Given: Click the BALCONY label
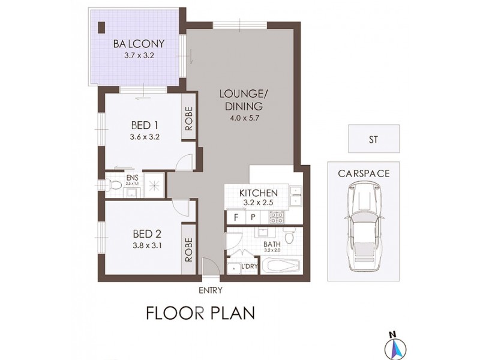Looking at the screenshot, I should point(134,44).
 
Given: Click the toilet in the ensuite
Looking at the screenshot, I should point(116,186).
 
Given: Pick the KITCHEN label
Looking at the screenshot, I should point(258,193).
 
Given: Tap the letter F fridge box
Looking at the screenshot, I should point(236,217).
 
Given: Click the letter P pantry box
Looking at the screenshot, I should point(253,217).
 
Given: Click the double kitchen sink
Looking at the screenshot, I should point(295,199).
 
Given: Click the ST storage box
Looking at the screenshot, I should point(373,139).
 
